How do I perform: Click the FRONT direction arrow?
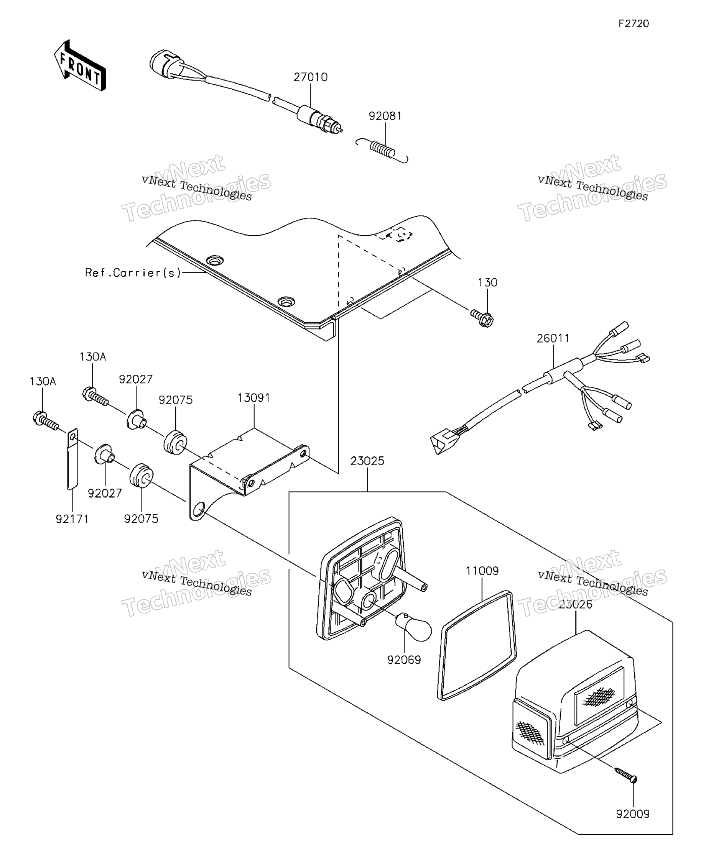[80, 66]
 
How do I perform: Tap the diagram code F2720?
[634, 24]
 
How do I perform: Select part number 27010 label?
[311, 77]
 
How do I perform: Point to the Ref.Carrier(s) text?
[133, 273]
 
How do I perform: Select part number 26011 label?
[553, 338]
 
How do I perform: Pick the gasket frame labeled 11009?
[476, 646]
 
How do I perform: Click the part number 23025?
[367, 461]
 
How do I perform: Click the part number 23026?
[575, 604]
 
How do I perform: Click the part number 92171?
[72, 519]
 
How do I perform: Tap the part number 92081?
[385, 116]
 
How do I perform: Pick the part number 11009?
[482, 571]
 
